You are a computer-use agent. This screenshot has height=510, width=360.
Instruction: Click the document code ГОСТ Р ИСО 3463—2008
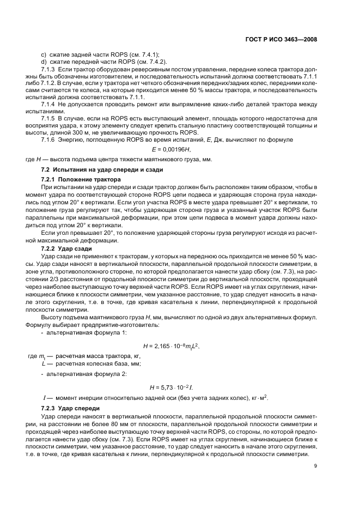pos(285,40)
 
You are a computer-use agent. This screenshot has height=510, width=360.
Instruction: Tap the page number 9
pos(315,465)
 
